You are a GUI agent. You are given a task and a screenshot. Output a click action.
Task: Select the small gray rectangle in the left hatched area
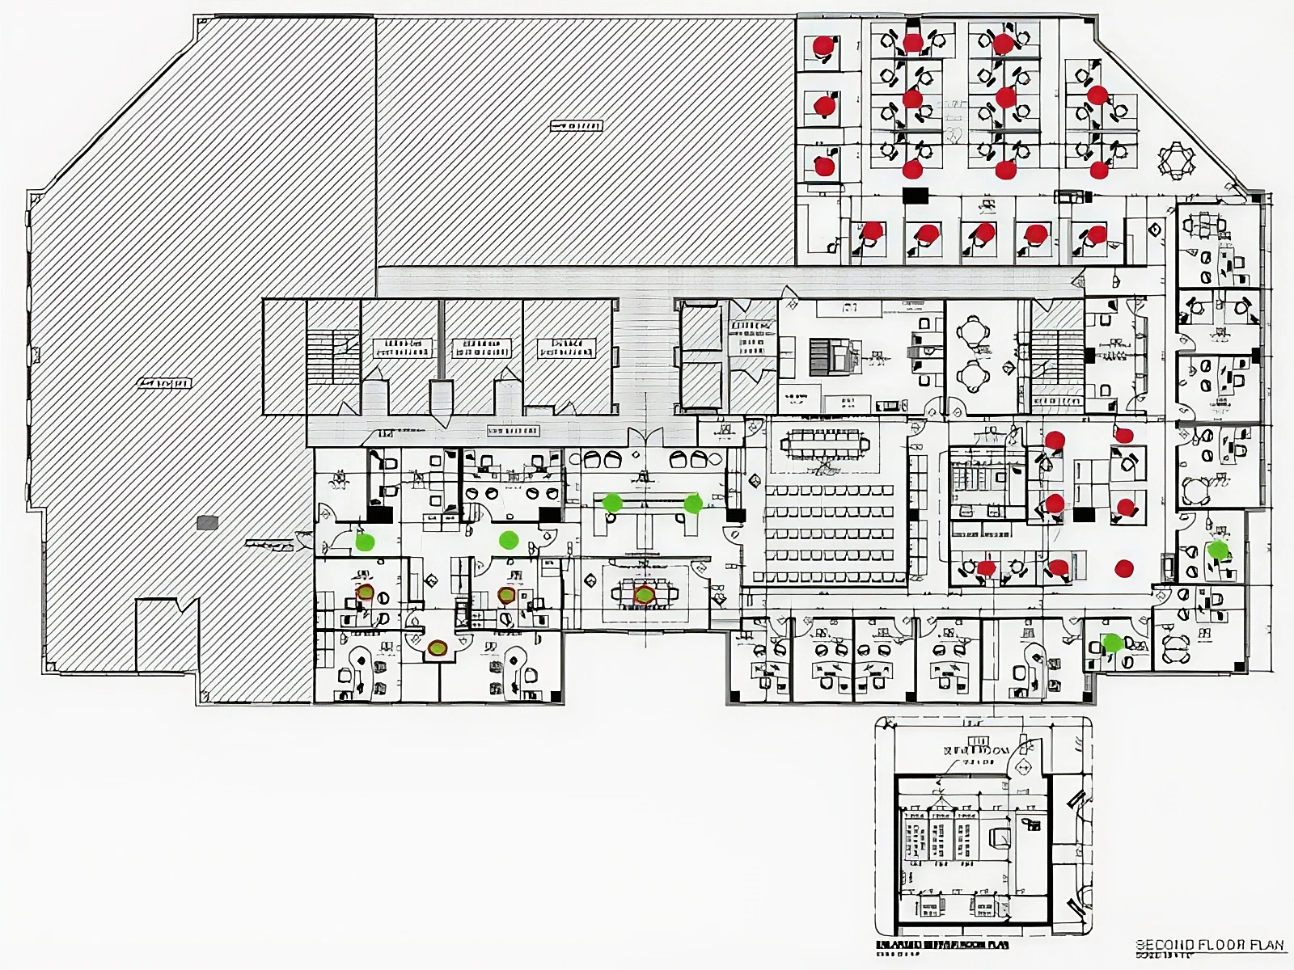click(208, 523)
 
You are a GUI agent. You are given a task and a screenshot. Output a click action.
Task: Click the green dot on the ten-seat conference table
click(644, 596)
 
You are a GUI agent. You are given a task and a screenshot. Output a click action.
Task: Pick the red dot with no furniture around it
click(1124, 568)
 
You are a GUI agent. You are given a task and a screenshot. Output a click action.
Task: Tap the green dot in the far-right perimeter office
click(1217, 550)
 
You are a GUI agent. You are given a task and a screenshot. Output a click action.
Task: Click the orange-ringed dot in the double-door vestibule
click(438, 647)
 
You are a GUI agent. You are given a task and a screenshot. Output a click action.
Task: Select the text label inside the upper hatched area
click(576, 126)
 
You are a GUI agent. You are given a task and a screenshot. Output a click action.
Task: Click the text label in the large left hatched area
click(164, 383)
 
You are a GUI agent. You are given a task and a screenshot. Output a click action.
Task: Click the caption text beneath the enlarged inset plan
click(942, 944)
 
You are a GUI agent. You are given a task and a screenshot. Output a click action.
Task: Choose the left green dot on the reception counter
click(612, 503)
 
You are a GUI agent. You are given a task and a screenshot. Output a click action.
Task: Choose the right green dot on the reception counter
click(693, 504)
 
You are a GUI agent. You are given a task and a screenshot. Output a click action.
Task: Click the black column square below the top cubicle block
click(916, 195)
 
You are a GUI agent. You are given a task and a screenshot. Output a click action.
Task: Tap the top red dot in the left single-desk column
click(823, 45)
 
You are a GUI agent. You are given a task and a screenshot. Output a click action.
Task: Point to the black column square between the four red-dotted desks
click(1084, 514)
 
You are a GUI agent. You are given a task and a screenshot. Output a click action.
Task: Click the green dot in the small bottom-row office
click(1113, 643)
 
